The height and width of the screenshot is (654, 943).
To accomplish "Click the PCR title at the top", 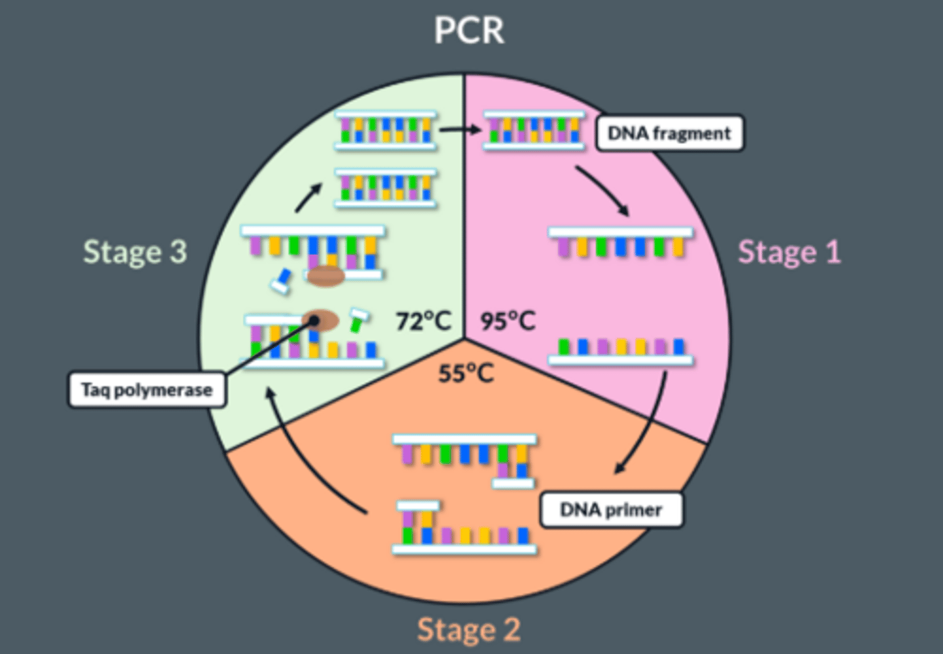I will click(470, 30).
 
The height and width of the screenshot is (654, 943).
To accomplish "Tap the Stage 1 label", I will click(789, 252).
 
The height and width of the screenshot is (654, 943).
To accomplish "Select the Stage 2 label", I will click(469, 630).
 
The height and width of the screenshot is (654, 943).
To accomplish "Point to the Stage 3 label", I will click(135, 252).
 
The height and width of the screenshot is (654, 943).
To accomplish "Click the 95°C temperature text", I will click(508, 321).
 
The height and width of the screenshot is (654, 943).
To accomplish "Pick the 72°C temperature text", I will click(424, 321).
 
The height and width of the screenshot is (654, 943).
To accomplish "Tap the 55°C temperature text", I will click(466, 373).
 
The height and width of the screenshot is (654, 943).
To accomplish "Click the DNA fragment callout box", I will click(669, 134).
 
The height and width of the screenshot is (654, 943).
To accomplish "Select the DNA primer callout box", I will click(610, 510).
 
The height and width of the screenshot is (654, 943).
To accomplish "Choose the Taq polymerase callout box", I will click(147, 390).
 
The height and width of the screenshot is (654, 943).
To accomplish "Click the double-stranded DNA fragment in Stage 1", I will click(533, 130).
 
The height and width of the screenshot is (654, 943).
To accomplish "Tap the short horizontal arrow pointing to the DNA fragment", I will click(460, 130).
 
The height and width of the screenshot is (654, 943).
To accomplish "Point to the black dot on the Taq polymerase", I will click(314, 320).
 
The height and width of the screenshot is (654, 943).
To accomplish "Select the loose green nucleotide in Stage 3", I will click(358, 321).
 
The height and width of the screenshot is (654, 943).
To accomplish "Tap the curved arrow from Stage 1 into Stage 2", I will click(648, 426).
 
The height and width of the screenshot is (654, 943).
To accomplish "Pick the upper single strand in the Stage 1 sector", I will click(620, 242).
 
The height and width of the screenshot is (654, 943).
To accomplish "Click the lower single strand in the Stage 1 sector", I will click(620, 352).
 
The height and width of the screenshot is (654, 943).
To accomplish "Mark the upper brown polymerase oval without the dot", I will click(326, 276).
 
